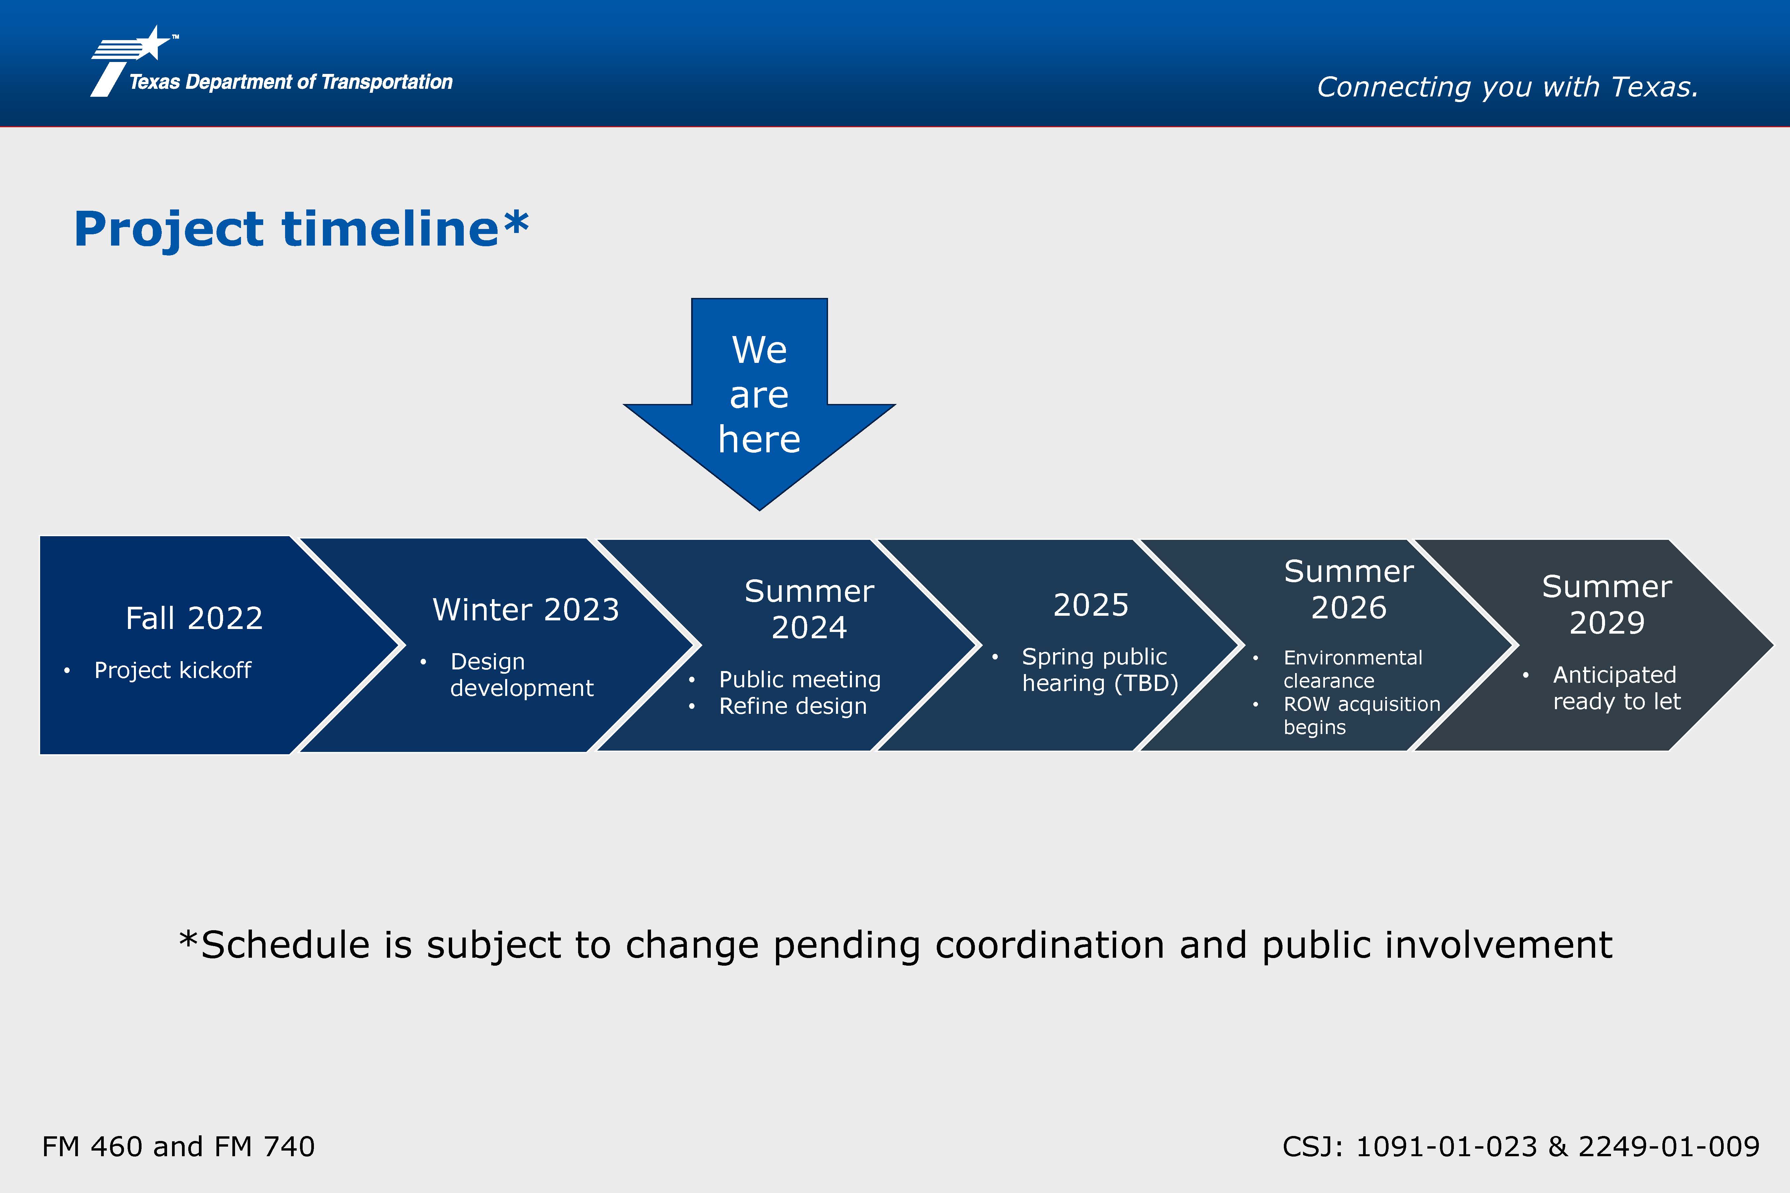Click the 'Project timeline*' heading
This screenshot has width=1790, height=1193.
[301, 229]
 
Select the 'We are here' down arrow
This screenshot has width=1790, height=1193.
[759, 404]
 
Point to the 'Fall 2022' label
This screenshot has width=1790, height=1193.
[194, 618]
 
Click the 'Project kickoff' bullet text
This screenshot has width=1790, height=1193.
[173, 670]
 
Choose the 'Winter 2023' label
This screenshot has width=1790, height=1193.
[526, 609]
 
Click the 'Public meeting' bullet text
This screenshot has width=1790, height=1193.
[800, 679]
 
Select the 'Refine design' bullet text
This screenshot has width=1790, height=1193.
[793, 706]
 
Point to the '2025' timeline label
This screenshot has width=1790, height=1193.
[1091, 605]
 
